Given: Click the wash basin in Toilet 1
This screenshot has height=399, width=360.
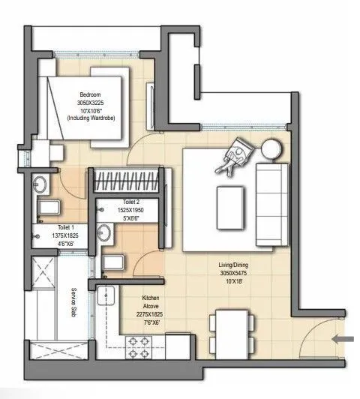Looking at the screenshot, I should [x=40, y=184].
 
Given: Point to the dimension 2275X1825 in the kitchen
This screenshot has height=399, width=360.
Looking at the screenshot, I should [x=147, y=316].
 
